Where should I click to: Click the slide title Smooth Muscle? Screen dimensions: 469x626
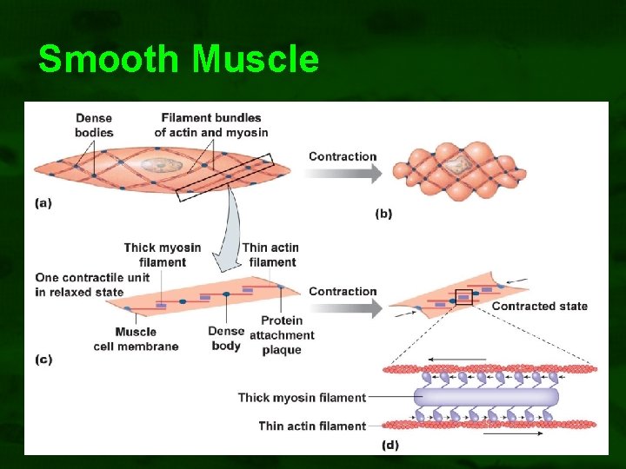(x=178, y=60)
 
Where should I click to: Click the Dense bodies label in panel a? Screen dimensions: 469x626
(x=94, y=125)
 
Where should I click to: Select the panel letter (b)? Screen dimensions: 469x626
(x=384, y=213)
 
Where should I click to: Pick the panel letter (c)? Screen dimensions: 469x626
(x=43, y=359)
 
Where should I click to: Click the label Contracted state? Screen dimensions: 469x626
(x=539, y=306)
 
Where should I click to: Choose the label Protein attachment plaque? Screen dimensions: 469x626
(x=282, y=334)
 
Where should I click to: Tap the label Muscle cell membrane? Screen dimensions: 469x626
(x=136, y=339)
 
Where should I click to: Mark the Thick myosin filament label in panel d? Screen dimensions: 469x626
(x=302, y=398)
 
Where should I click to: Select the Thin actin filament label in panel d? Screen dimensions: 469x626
(x=311, y=426)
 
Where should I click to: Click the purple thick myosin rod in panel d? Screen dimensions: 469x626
(x=486, y=398)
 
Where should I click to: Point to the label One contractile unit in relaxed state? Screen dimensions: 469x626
(x=92, y=285)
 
